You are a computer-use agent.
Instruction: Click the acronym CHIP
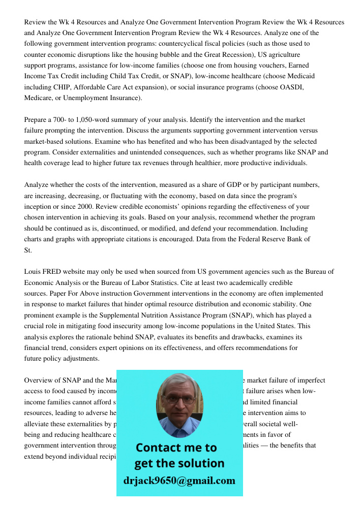click(x=60, y=87)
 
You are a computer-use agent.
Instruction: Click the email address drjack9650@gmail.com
click(x=179, y=481)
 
